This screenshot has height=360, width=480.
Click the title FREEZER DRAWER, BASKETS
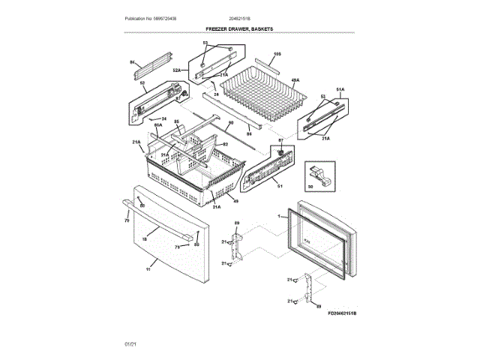239,28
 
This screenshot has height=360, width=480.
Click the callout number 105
277,54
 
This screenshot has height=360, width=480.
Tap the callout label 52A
177,70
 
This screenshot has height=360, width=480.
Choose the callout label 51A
339,89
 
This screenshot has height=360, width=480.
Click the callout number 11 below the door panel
148,268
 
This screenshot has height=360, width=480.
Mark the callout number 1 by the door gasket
279,217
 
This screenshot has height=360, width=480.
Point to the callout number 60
231,123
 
